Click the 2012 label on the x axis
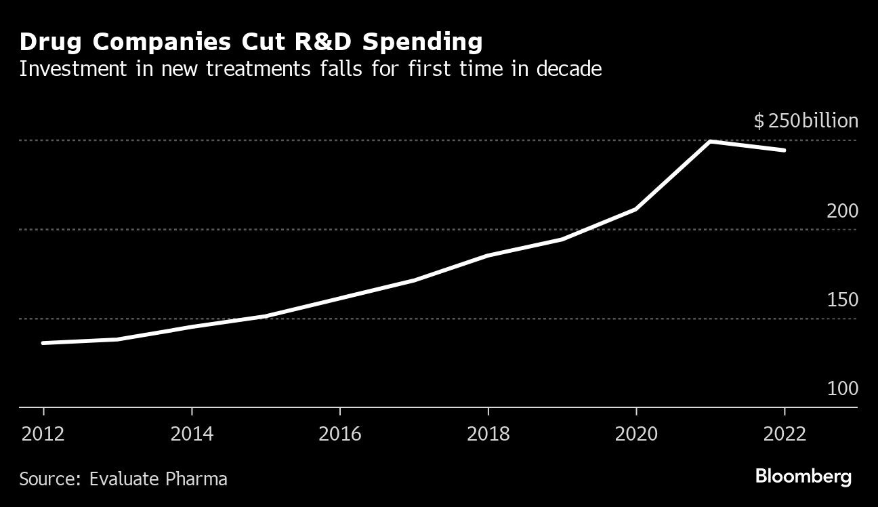(43, 433)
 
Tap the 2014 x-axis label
(192, 433)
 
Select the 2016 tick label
(339, 433)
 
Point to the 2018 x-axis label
(488, 433)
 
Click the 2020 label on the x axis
(636, 433)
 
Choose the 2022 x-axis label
(785, 433)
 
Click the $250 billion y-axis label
(806, 121)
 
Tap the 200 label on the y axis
(842, 211)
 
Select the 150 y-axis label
(842, 300)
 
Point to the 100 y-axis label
(842, 389)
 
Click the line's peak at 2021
(710, 142)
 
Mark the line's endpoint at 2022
(785, 150)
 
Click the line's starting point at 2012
(43, 343)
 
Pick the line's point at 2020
(636, 209)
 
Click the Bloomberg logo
(803, 476)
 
